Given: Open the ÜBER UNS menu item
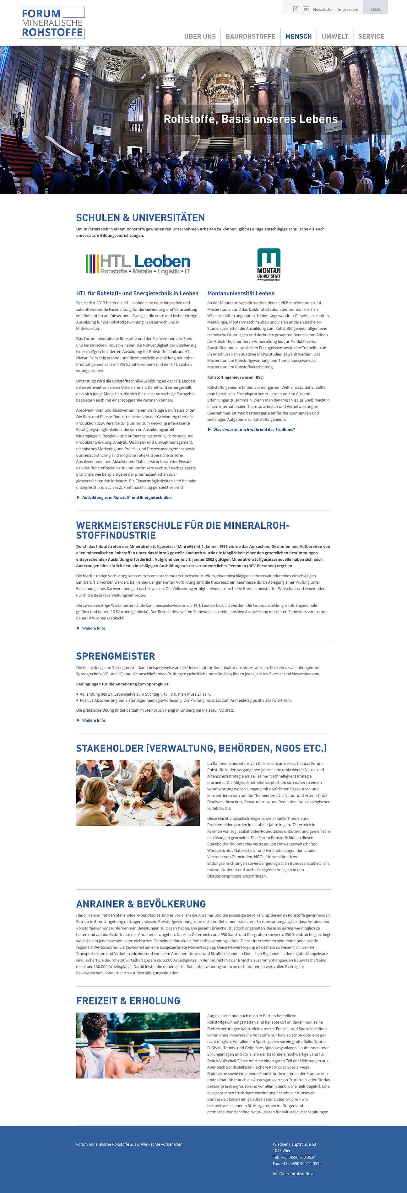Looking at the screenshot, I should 200,36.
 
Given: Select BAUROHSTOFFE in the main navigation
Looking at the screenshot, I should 250,36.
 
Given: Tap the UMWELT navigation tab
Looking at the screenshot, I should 335,36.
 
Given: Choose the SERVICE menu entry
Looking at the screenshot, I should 371,36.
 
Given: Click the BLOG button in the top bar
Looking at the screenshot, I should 375,9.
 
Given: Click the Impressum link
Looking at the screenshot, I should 348,9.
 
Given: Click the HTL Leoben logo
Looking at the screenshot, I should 138,264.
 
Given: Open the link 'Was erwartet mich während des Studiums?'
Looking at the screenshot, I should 254,429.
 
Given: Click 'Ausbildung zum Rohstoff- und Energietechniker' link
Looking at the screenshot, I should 127,497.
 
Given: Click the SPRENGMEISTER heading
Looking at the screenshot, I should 116,656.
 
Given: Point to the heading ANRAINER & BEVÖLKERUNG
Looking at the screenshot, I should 141,904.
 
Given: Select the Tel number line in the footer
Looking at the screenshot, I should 294,1157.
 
